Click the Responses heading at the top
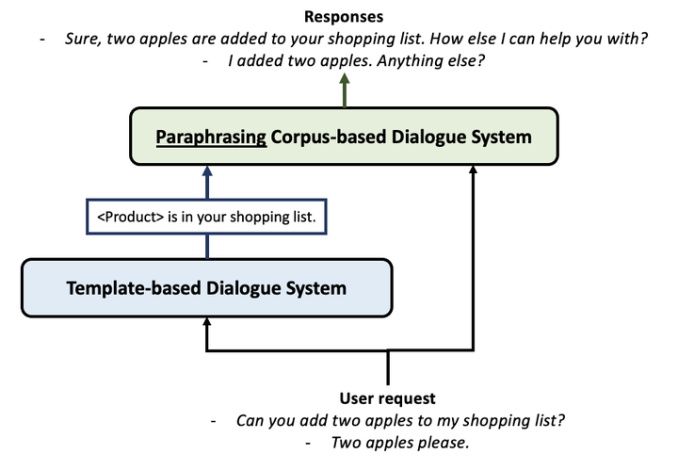(x=345, y=16)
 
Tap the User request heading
(x=387, y=398)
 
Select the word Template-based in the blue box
(x=127, y=287)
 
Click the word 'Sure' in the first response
(x=81, y=39)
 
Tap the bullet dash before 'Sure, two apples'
(x=41, y=39)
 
